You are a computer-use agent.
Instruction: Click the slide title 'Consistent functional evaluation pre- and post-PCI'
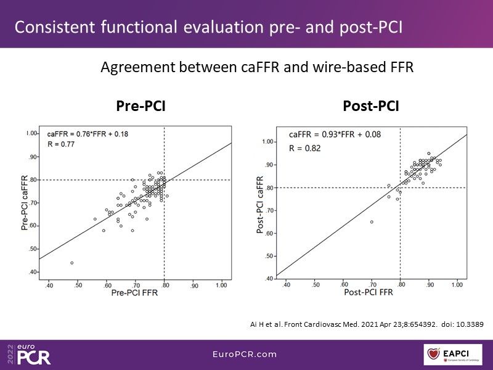tap(210, 28)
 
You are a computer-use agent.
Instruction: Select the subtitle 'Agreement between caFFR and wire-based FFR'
tap(257, 68)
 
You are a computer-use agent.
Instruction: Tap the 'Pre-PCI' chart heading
tap(141, 107)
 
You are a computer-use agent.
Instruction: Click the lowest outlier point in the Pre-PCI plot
tap(72, 263)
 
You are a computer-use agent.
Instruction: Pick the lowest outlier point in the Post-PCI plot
tap(372, 222)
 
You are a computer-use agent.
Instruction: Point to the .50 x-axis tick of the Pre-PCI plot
tap(78, 286)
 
